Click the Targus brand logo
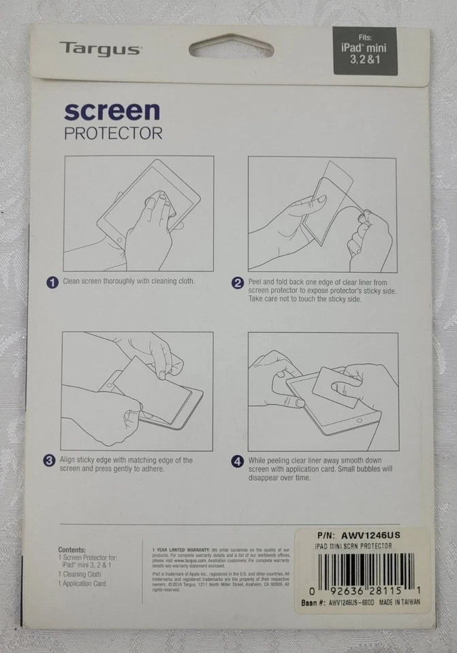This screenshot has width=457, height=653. point(99,48)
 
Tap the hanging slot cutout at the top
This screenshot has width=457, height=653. point(231,47)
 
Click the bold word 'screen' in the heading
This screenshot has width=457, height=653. point(112,111)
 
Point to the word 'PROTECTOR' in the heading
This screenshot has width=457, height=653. point(113,133)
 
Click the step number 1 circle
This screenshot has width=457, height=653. point(52,282)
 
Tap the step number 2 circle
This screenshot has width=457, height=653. point(237,283)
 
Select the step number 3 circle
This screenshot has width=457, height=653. point(50,461)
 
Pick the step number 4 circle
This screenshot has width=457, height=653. point(237,461)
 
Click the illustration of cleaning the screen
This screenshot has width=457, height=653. point(138,214)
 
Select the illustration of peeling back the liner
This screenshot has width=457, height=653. point(321,214)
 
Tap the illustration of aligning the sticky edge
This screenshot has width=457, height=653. point(137,391)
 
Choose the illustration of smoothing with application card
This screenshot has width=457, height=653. point(322,391)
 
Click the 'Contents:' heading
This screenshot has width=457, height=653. point(72,550)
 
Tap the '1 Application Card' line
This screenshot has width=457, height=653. point(82,584)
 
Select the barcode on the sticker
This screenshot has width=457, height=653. point(365,569)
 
